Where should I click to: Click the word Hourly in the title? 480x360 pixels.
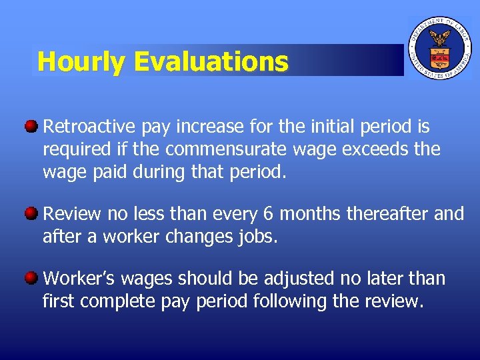pos(81,62)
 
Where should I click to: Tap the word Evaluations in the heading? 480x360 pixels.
pos(211,62)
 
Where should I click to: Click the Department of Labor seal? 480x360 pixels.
pos(439,48)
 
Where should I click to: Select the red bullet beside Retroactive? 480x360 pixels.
pos(31,126)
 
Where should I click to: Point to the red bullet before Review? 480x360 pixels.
pos(31,213)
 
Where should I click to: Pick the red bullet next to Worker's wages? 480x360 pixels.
pos(31,278)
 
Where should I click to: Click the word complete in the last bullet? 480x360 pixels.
pos(121,302)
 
